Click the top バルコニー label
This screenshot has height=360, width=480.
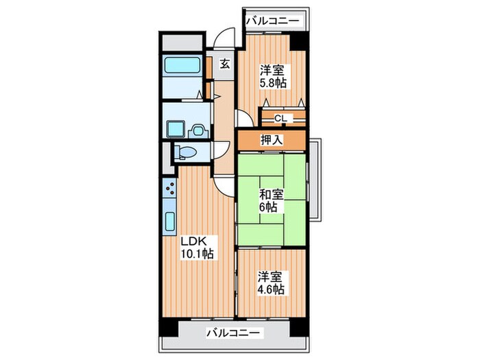(x=272, y=21)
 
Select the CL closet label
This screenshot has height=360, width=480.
(x=280, y=118)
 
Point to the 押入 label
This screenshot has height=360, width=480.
(x=271, y=140)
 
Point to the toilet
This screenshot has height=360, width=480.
(x=182, y=153)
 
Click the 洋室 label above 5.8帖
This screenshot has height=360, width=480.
(x=272, y=70)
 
